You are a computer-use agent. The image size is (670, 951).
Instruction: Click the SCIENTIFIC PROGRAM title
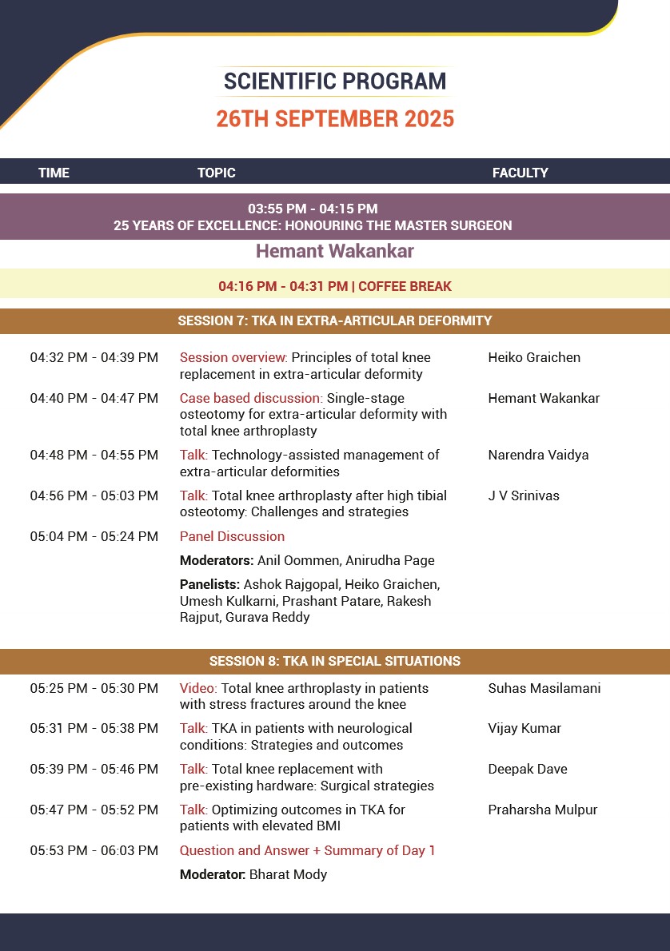click(335, 81)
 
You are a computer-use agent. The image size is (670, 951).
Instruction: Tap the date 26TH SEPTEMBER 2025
click(335, 119)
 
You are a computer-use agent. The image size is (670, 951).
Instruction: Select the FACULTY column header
click(520, 173)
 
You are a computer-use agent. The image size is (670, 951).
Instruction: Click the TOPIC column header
click(217, 173)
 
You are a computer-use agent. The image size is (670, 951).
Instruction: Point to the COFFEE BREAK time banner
click(335, 286)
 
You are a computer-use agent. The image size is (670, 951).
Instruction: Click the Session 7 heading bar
click(335, 321)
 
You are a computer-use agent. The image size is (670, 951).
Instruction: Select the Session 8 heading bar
click(335, 661)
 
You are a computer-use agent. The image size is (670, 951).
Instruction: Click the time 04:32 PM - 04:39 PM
click(94, 357)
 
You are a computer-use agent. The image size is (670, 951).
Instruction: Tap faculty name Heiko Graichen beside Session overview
click(534, 357)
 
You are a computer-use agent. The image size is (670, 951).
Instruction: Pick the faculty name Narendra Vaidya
click(538, 455)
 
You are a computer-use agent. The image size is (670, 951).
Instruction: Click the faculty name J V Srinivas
click(524, 495)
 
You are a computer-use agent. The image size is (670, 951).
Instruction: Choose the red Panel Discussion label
click(232, 536)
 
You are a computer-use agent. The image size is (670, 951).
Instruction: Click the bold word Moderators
click(217, 560)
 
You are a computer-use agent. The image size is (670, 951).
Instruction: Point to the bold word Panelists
click(210, 585)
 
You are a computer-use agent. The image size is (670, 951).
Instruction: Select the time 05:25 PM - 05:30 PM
click(94, 688)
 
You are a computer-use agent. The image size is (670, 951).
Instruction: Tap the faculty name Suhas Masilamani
click(544, 688)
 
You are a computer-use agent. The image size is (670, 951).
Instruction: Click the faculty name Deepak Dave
click(528, 769)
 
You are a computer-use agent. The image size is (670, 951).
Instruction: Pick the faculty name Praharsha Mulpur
click(543, 810)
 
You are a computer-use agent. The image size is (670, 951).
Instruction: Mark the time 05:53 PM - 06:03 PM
click(94, 850)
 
